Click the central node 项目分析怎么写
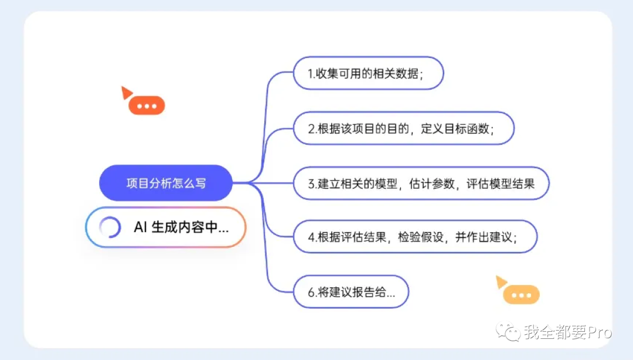pos(166,183)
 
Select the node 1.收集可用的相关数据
pos(368,73)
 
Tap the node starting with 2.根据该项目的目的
pos(403,128)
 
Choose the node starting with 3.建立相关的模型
pos(421,184)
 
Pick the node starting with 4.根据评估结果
pos(414,237)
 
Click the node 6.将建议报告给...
pos(350,291)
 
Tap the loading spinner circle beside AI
pos(110,227)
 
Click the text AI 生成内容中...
pos(181,227)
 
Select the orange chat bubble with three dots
pos(147,106)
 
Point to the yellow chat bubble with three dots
pos(521,295)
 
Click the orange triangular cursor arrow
pos(125,92)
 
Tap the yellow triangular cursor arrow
pos(501,282)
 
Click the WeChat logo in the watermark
pos(508,332)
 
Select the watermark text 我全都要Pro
pos(567,332)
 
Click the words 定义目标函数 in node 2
pos(457,128)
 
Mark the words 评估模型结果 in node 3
pos(500,184)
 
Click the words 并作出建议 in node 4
pos(485,237)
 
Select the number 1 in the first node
pos(311,74)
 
